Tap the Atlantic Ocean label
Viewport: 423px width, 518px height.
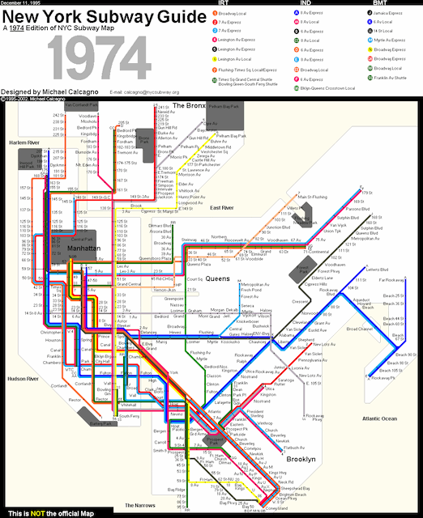pyautogui.click(x=381, y=418)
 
